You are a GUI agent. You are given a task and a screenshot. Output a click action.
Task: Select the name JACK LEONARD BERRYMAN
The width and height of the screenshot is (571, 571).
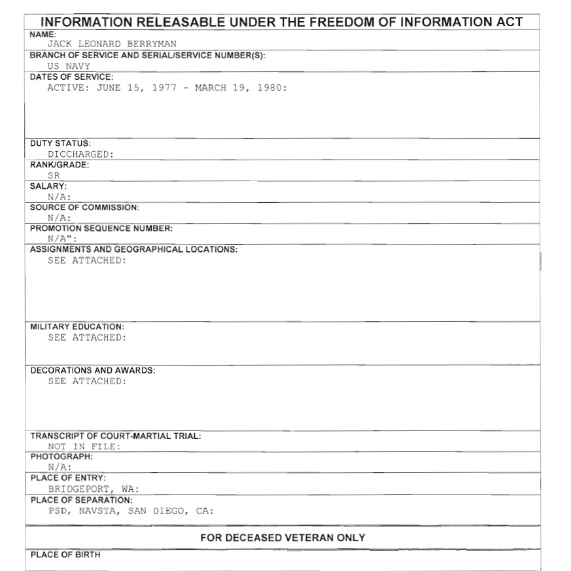point(112,44)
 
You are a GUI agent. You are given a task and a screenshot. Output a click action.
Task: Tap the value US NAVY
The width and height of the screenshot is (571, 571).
point(69,66)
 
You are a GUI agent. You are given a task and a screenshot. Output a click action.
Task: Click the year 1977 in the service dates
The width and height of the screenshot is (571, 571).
point(164,88)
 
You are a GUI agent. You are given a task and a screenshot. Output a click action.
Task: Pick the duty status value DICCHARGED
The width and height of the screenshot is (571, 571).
point(80,154)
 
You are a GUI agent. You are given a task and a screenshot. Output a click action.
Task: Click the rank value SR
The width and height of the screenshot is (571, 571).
point(54,175)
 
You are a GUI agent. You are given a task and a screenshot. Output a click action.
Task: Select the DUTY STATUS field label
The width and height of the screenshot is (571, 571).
point(61,143)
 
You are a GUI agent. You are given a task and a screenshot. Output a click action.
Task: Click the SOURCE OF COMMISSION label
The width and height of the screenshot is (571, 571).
point(84,207)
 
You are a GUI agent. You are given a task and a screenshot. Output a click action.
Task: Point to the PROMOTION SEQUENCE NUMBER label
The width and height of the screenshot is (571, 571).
point(101,228)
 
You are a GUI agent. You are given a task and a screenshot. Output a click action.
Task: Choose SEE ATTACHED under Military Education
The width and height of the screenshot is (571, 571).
point(86,337)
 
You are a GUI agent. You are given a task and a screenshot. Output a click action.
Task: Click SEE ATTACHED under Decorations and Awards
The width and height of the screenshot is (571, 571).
point(86,381)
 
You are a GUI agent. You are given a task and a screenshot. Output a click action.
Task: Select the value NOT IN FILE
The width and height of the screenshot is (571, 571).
point(84,447)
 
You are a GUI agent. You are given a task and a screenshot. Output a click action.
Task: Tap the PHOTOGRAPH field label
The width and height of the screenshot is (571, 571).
point(61,457)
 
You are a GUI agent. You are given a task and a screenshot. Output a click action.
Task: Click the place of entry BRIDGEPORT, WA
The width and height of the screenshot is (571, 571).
point(93,489)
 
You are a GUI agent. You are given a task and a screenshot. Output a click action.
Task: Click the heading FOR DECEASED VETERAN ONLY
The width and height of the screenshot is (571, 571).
point(283,538)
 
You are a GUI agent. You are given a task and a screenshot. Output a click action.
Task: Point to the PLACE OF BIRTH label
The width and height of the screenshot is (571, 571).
point(65,555)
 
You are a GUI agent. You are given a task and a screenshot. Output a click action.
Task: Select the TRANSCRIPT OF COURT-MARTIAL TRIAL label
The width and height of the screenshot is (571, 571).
point(116,436)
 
